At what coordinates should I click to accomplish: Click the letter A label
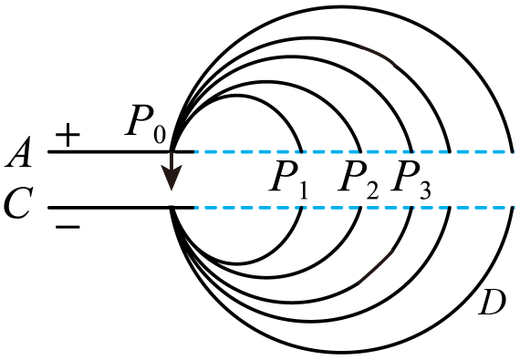click(x=19, y=152)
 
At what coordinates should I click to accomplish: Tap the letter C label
click(x=18, y=202)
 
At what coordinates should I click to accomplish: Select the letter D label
click(x=493, y=303)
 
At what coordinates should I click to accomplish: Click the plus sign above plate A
click(x=68, y=135)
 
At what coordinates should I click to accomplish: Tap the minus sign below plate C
click(x=68, y=227)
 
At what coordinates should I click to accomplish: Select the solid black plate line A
click(x=121, y=152)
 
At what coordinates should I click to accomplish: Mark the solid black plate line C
click(x=121, y=208)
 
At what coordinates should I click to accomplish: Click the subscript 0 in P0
click(x=160, y=134)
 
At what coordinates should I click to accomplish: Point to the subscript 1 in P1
click(x=303, y=191)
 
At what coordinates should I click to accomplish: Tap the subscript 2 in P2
click(x=372, y=191)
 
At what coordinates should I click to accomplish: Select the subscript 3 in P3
click(x=425, y=191)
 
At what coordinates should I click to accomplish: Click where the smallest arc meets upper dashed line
click(x=301, y=152)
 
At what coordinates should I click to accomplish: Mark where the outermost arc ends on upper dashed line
click(x=512, y=152)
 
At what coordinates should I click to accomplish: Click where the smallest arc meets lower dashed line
click(x=301, y=208)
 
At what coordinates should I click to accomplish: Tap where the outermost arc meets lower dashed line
click(x=512, y=208)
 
